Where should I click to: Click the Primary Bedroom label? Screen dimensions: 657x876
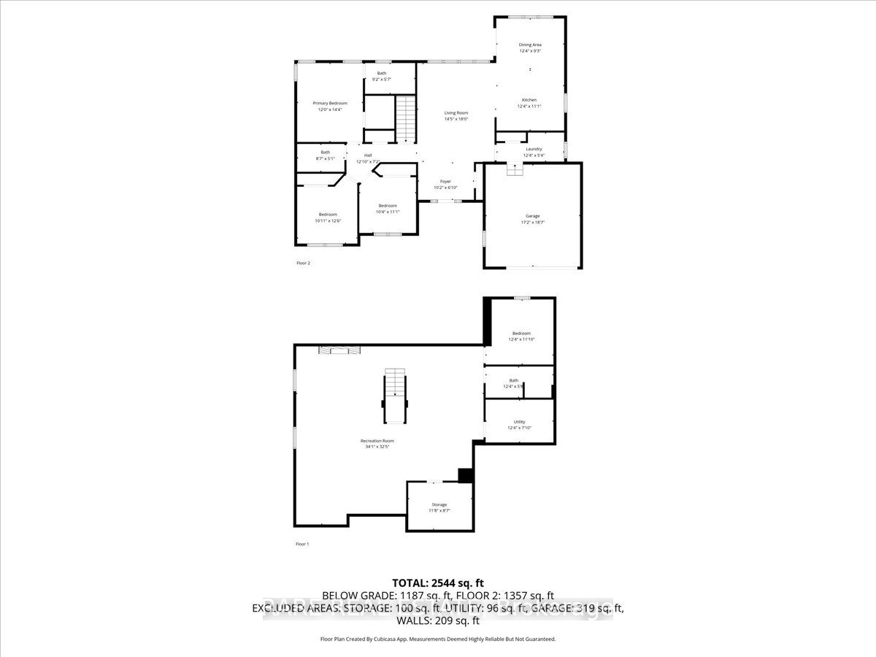click(330, 103)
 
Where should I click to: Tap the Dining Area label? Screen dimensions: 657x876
click(530, 45)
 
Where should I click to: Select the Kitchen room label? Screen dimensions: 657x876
click(529, 100)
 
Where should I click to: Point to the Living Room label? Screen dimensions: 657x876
click(456, 112)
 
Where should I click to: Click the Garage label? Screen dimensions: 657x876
click(533, 216)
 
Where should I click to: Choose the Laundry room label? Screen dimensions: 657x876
click(533, 149)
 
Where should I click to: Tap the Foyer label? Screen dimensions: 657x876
click(445, 181)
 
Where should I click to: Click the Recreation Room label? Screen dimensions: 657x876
click(377, 441)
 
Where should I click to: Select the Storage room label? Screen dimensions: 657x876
click(439, 504)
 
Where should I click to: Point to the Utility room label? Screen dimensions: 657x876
click(520, 422)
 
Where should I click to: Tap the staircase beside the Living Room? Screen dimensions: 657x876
click(405, 119)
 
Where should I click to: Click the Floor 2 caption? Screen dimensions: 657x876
click(303, 263)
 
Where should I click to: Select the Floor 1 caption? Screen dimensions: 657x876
click(302, 545)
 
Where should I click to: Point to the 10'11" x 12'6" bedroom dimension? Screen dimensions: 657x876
click(328, 220)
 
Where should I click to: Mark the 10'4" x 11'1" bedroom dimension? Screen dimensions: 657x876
click(388, 212)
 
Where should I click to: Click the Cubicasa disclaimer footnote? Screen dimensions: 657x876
click(438, 639)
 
